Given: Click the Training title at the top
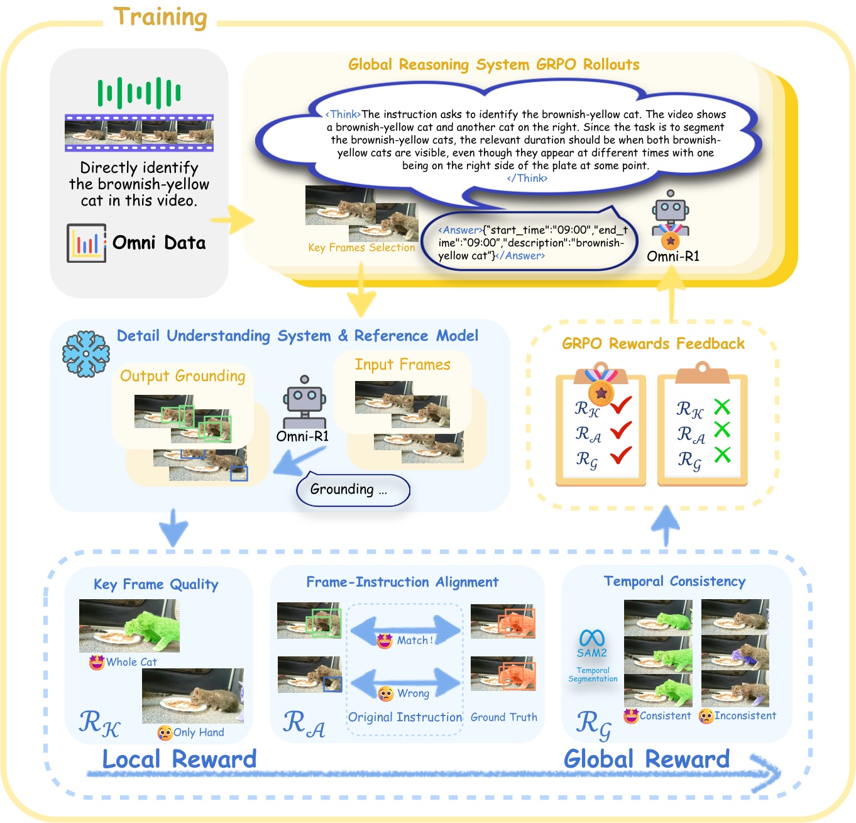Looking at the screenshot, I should pos(160,18).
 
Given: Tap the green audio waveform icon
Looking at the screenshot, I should pos(139,93).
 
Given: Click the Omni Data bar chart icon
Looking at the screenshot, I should pos(86,243).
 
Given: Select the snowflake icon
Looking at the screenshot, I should pos(86,354).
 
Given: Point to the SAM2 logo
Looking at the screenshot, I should pos(592,644).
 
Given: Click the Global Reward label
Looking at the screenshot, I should pos(646,759).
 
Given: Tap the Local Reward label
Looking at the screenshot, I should pos(179,759).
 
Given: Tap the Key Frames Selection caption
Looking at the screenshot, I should pos(361,248).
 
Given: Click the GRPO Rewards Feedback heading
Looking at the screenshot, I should pos(653,344).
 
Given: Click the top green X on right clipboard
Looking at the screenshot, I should pos(722,407).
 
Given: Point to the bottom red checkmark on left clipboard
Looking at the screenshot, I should pos(620,455).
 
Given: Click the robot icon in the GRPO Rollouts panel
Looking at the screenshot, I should pos(671,217).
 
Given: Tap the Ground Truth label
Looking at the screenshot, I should pos(503,717).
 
